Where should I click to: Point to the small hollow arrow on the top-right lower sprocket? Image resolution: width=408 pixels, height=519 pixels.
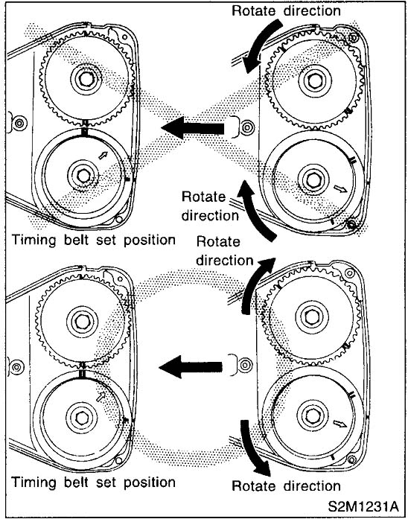[x=340, y=188]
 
